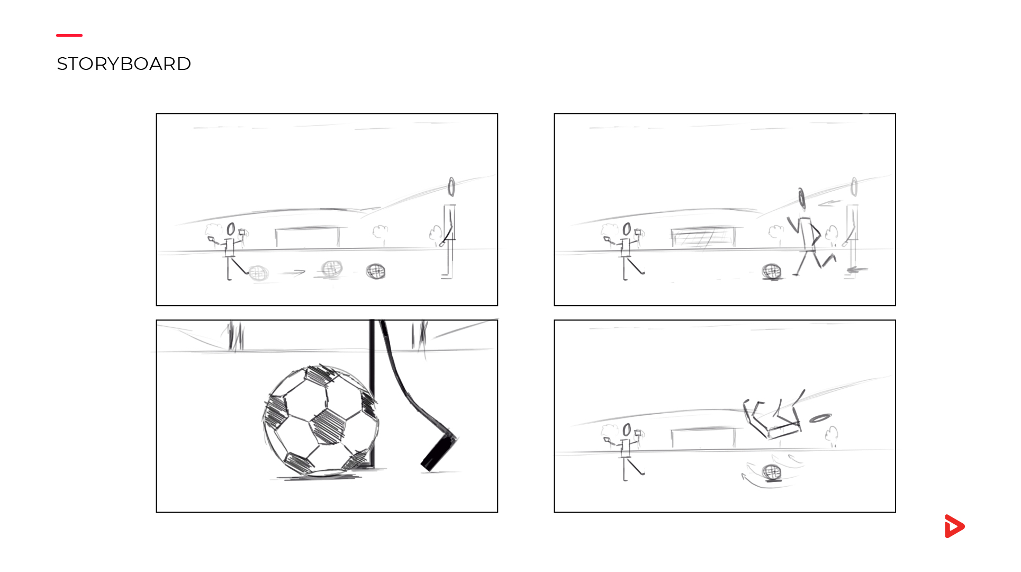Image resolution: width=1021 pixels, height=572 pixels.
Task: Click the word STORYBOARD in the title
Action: (123, 64)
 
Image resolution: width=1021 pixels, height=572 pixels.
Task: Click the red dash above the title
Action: (69, 35)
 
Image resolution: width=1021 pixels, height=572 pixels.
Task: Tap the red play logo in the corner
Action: (954, 526)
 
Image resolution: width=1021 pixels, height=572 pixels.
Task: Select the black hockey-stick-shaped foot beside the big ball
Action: (437, 453)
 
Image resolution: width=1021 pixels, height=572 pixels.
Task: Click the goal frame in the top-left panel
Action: (308, 236)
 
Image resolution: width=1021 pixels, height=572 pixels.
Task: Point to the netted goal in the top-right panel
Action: (703, 237)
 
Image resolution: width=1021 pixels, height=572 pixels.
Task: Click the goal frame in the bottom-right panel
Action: (703, 437)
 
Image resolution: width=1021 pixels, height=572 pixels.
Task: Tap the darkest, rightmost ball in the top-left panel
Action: (376, 272)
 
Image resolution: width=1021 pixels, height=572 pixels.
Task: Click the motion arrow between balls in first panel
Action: (294, 273)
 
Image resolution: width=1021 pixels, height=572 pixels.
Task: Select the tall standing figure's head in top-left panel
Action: (451, 187)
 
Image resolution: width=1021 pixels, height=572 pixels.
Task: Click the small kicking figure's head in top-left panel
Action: (231, 229)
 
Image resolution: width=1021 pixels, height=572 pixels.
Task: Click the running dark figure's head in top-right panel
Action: (802, 199)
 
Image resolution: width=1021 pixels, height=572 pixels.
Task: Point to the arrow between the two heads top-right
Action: (829, 203)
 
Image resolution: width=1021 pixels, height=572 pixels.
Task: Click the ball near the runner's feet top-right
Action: (771, 272)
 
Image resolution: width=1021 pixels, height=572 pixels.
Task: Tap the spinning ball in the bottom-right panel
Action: (771, 472)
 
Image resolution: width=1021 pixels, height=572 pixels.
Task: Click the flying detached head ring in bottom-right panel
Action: (820, 418)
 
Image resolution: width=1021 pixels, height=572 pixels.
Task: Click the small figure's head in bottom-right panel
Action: (627, 430)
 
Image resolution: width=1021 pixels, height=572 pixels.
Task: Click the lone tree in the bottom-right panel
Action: (832, 436)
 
